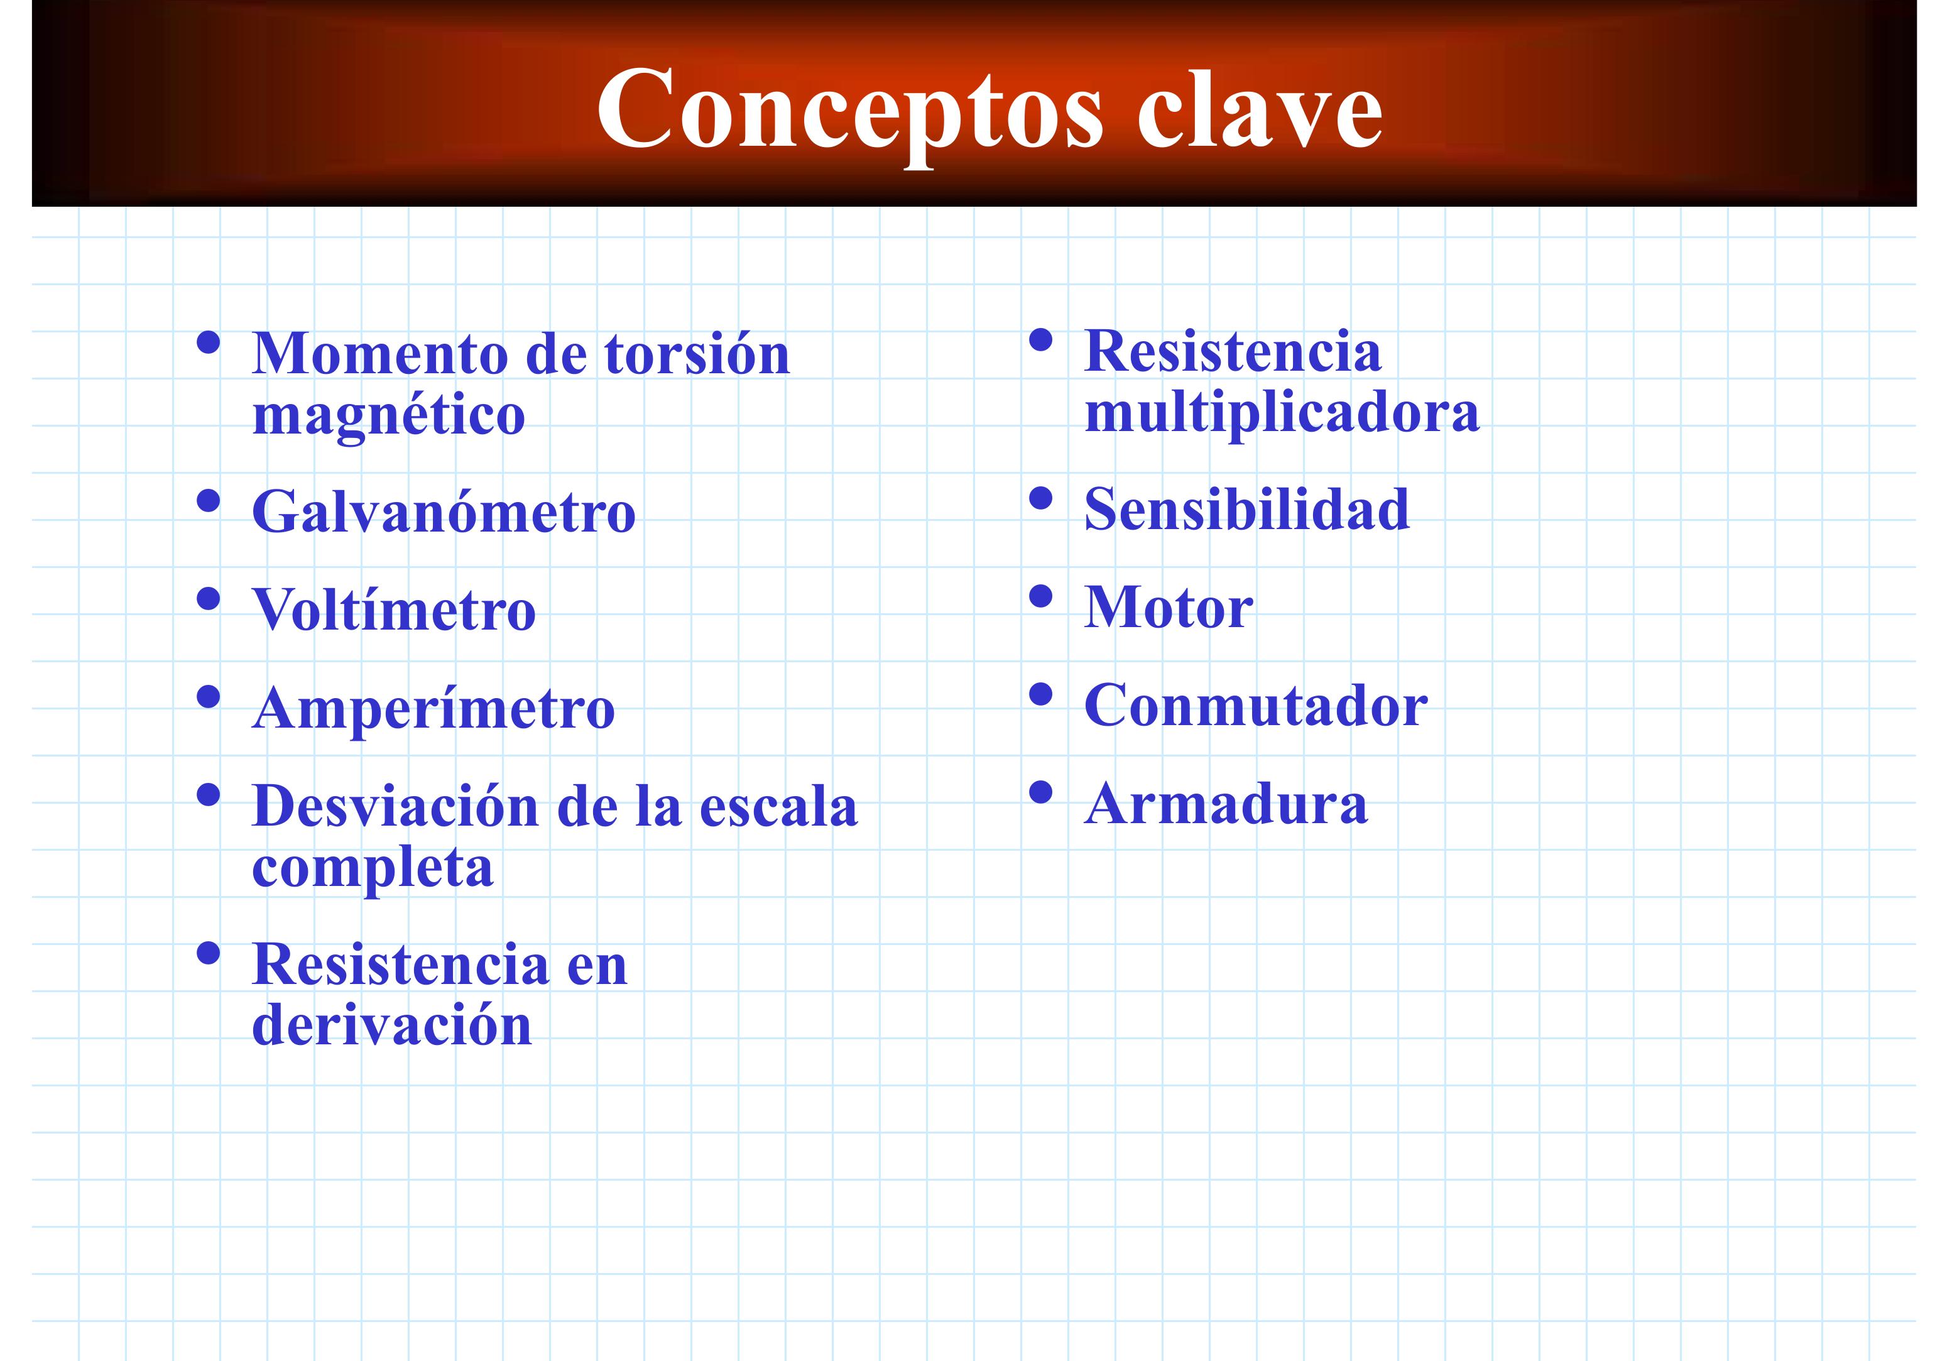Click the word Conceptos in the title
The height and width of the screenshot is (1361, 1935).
(849, 114)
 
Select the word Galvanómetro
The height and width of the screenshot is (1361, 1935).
(444, 511)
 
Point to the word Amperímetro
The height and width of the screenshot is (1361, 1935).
(433, 709)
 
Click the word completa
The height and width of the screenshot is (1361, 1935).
(373, 870)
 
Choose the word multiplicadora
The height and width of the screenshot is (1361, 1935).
(1282, 413)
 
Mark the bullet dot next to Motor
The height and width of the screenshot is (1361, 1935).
(1042, 596)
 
